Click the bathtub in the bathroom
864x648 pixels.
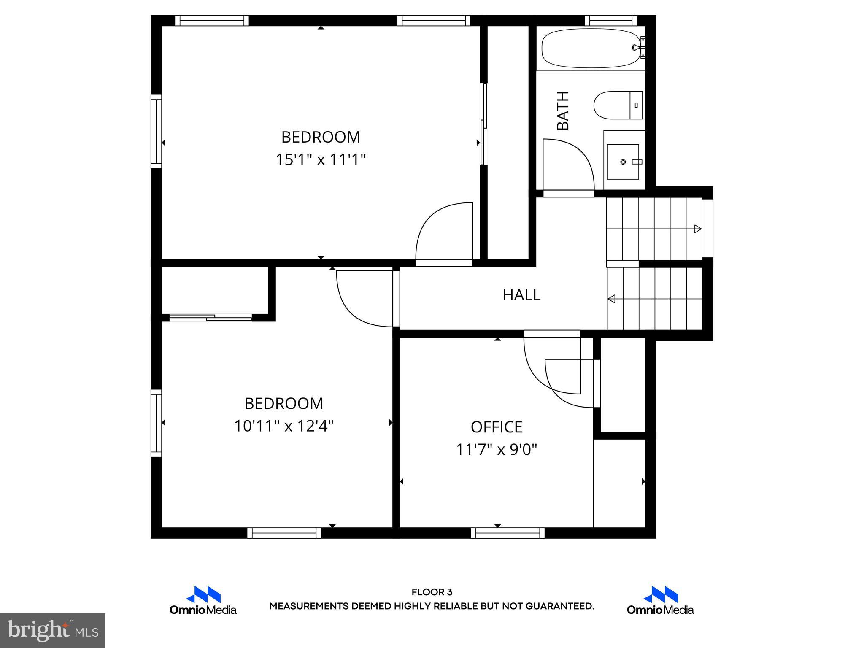coord(591,48)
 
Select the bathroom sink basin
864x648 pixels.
coord(623,162)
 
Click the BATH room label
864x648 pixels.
coord(563,111)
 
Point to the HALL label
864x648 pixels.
coord(521,295)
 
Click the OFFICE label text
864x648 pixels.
coord(496,427)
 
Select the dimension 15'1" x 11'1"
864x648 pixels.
coord(321,160)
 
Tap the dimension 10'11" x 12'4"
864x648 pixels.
coord(283,426)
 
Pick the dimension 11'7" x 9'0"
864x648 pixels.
coord(496,450)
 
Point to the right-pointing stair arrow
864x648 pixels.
coord(697,229)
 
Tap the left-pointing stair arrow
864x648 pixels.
coord(611,299)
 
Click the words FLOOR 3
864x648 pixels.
coord(432,592)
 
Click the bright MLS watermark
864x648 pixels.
coord(53,631)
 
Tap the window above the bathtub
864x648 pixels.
coord(610,20)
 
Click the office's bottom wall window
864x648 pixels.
coord(508,533)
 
